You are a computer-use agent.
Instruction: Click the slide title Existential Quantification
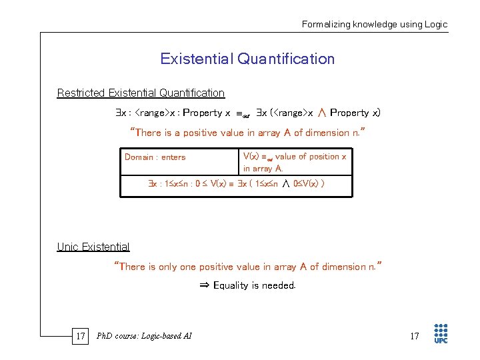click(247, 59)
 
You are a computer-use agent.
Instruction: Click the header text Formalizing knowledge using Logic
click(375, 24)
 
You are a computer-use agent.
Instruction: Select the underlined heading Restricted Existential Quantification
click(141, 93)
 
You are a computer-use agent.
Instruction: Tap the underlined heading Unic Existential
click(93, 247)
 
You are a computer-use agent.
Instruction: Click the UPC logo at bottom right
click(441, 334)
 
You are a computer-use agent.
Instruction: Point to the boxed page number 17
click(80, 336)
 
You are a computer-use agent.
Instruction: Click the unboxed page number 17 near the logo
click(414, 336)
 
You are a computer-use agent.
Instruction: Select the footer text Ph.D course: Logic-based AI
click(144, 336)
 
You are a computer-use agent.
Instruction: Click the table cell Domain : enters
click(155, 157)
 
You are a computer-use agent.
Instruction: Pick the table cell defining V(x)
click(295, 162)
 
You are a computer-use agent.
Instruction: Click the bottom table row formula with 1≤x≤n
click(236, 184)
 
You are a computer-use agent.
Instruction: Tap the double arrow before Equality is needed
click(205, 285)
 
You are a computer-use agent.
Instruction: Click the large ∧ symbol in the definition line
click(321, 112)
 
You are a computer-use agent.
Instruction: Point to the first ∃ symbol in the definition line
click(117, 113)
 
